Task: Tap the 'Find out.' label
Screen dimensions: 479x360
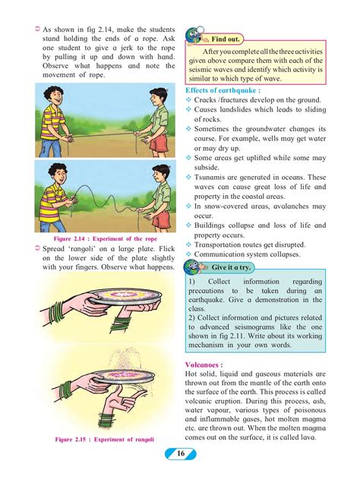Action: tap(226, 38)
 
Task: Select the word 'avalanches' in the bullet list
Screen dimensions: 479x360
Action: tap(285, 206)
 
